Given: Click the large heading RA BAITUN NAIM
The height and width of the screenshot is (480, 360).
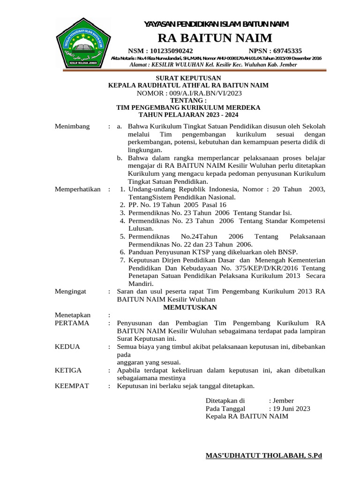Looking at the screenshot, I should click(x=215, y=37).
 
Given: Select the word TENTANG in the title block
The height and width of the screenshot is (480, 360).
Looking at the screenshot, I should click(x=188, y=100).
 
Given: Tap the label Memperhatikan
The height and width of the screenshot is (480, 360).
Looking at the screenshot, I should click(x=78, y=189).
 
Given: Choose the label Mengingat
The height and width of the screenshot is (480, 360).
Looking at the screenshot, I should click(x=71, y=291).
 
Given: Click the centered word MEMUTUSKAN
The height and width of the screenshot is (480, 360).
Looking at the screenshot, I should click(x=189, y=307).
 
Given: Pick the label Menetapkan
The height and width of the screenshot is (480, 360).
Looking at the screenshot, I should click(x=73, y=315).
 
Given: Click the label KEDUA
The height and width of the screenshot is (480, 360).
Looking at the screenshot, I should click(x=67, y=346).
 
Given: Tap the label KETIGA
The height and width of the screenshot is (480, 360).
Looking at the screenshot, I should click(x=68, y=370).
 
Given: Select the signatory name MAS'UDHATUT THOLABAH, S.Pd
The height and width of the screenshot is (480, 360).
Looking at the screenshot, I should click(x=264, y=456).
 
